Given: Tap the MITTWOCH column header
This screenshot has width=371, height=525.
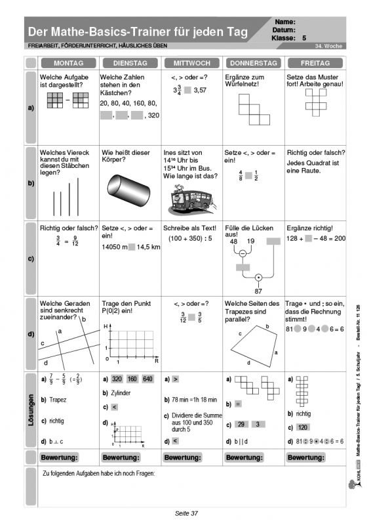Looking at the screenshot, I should [191, 63].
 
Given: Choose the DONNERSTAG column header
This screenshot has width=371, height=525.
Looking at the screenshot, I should [252, 63].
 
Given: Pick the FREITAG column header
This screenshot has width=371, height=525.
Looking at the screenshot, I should [315, 63].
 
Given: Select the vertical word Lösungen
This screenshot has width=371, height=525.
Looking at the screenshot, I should [31, 409].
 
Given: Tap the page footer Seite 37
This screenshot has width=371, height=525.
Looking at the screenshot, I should [185, 513].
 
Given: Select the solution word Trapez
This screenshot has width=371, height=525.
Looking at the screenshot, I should [58, 400].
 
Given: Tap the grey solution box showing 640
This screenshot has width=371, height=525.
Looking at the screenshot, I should [146, 379].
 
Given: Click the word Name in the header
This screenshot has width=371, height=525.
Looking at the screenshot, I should [286, 22].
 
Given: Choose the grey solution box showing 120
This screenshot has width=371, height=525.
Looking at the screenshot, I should [303, 427].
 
